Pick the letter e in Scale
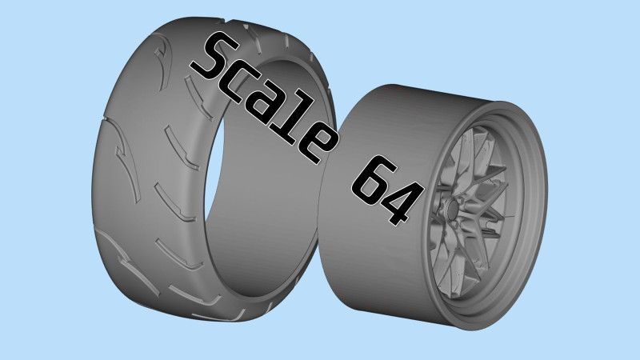pyautogui.click(x=318, y=146)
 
